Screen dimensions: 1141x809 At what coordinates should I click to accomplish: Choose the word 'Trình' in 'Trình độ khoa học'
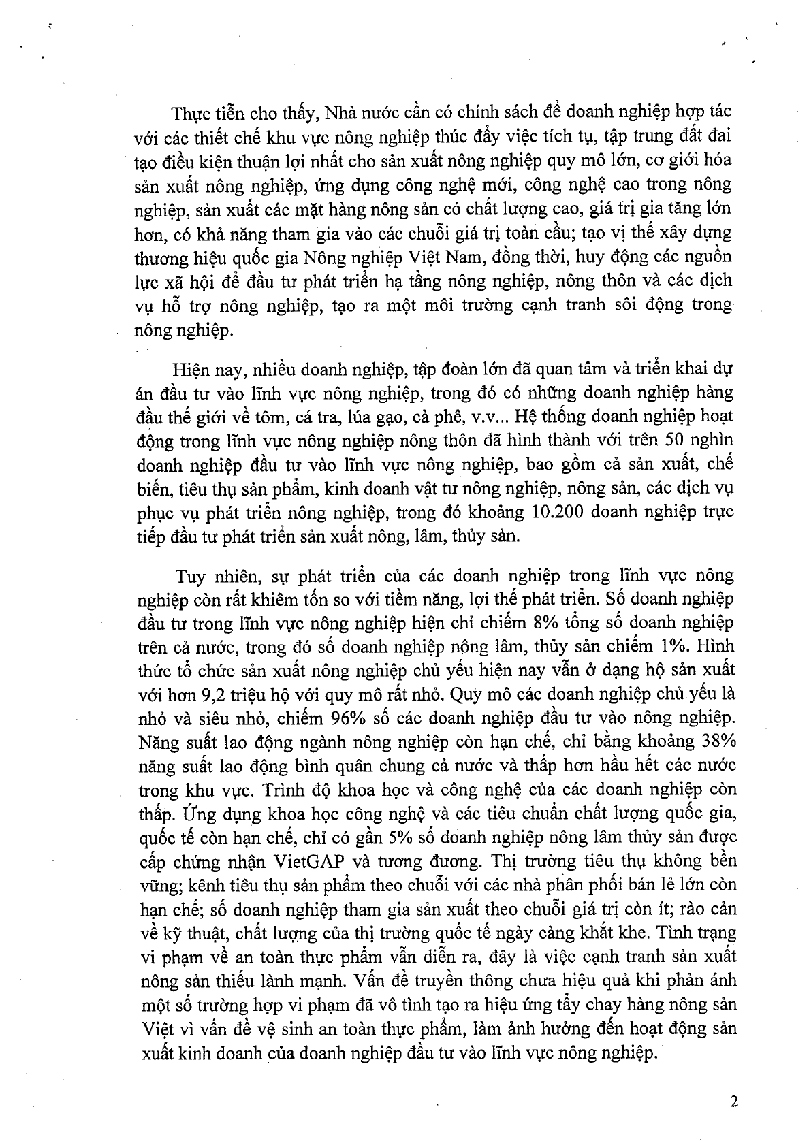229,789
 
